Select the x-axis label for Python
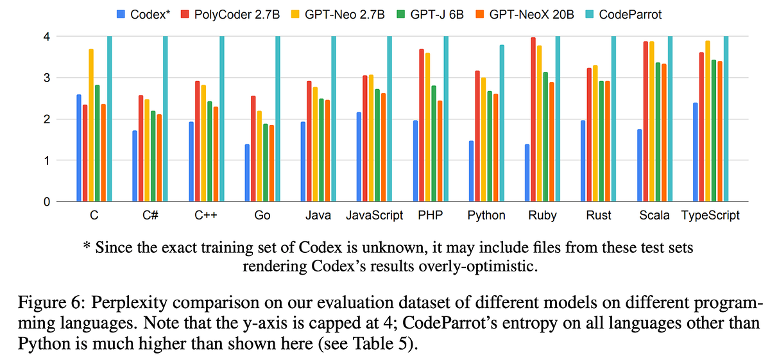[486, 216]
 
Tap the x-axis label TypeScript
[710, 216]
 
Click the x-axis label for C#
[150, 216]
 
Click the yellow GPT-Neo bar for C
[91, 125]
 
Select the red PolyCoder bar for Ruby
[533, 119]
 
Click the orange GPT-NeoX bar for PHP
[440, 151]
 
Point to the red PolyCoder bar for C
[85, 153]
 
